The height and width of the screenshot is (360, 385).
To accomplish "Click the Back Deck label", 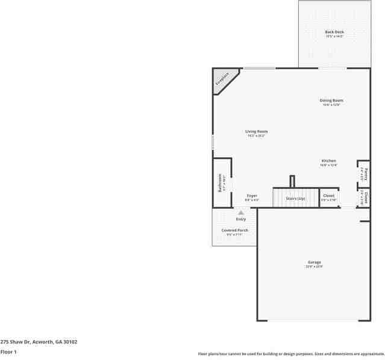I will (x=334, y=32).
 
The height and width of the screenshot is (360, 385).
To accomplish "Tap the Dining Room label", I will (x=331, y=100).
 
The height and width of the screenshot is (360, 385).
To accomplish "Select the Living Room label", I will (x=256, y=131).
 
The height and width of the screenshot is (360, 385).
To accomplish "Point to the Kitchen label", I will (x=328, y=161).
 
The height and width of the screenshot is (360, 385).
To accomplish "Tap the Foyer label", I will (x=252, y=196).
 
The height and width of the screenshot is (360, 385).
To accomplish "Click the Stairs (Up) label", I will (x=295, y=198).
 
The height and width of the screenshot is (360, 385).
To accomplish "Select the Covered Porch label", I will (x=234, y=230).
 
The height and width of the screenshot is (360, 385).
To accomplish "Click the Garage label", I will (x=314, y=262).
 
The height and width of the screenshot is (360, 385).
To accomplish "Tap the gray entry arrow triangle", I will (x=241, y=213).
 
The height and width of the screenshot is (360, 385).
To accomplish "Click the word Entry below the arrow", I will (x=241, y=219).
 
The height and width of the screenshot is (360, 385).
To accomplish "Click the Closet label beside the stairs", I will (x=328, y=196).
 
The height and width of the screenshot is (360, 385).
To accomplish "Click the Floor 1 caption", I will (x=8, y=351).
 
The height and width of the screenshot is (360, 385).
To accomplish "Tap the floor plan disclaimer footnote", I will (x=291, y=354).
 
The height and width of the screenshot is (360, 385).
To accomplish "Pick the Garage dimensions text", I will (x=314, y=267).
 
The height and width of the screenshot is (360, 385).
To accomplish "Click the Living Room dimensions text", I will (x=256, y=136).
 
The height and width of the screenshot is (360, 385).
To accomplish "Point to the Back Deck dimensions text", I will (x=334, y=37).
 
